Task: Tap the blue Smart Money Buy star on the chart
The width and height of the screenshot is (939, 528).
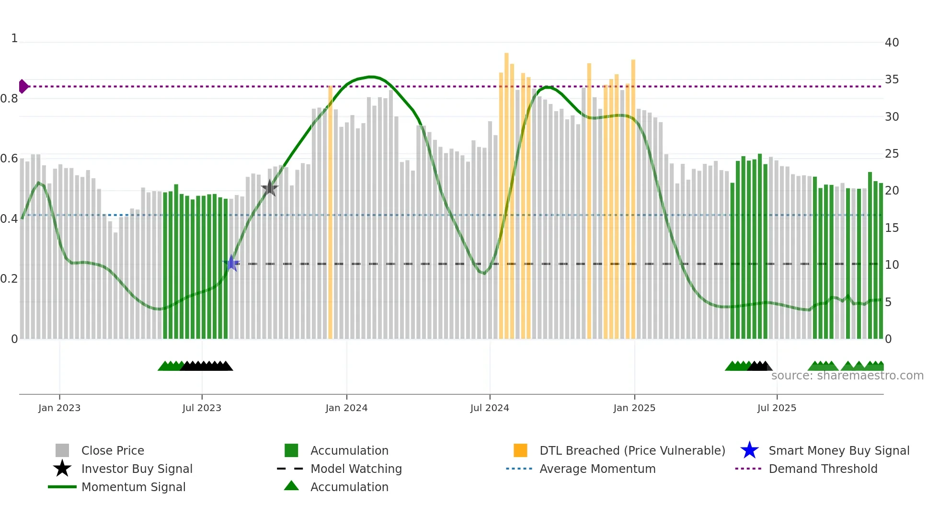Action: (231, 263)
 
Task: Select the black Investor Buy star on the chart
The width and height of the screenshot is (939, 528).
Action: (270, 188)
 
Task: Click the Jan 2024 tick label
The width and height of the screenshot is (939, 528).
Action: (346, 408)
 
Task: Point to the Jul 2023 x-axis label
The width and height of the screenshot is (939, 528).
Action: (202, 408)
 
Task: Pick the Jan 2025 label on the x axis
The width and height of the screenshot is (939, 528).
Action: (634, 408)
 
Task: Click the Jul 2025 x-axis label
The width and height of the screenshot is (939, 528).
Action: (777, 408)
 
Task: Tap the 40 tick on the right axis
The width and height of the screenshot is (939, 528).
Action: (892, 43)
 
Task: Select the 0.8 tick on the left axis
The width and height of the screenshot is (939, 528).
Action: (9, 99)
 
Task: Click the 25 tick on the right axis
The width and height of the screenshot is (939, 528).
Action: (892, 154)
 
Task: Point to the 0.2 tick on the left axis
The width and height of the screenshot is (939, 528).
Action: (9, 279)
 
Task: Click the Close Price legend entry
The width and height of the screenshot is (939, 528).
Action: (113, 451)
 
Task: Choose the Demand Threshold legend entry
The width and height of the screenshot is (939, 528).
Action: (823, 469)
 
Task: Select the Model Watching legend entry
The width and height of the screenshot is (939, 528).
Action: (356, 469)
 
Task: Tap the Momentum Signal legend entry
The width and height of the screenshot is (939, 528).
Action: (133, 487)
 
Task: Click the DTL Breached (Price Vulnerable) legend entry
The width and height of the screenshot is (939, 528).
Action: (632, 451)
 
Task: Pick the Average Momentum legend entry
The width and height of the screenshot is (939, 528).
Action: (597, 469)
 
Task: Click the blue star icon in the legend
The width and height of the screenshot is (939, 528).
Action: (749, 450)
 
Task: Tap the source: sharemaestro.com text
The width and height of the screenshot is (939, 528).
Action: (847, 376)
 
